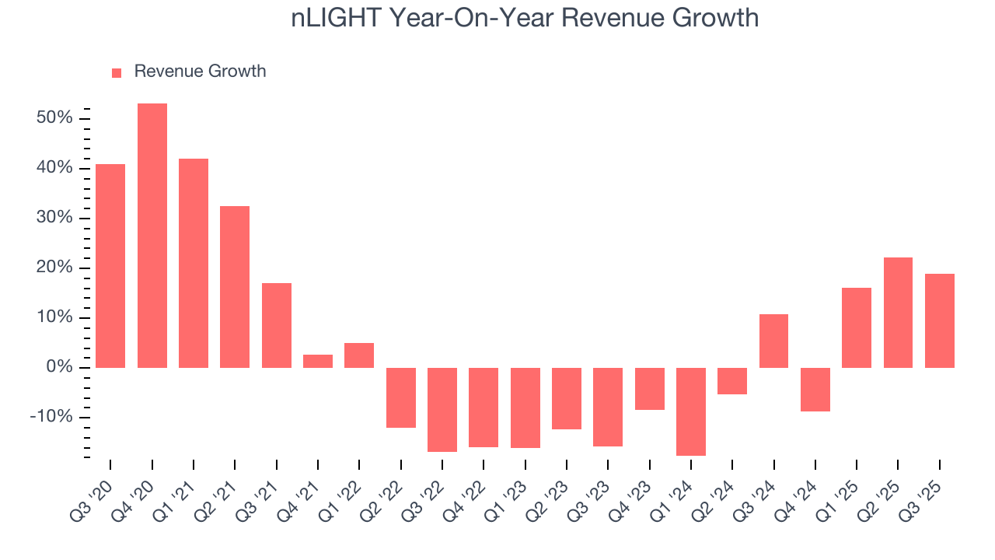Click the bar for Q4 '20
(x=152, y=235)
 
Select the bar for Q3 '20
(x=110, y=265)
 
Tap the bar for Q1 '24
(x=690, y=411)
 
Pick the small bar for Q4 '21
(x=317, y=361)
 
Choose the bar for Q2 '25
(x=898, y=312)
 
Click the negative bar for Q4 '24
(x=815, y=389)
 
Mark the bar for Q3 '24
(x=773, y=341)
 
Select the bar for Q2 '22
(x=400, y=397)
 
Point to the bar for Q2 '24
(x=731, y=381)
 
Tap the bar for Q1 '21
(x=194, y=263)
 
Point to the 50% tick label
(x=54, y=118)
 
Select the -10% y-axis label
(x=51, y=417)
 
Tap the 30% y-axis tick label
(x=54, y=218)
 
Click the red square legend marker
(x=117, y=72)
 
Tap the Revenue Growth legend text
(x=200, y=72)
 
